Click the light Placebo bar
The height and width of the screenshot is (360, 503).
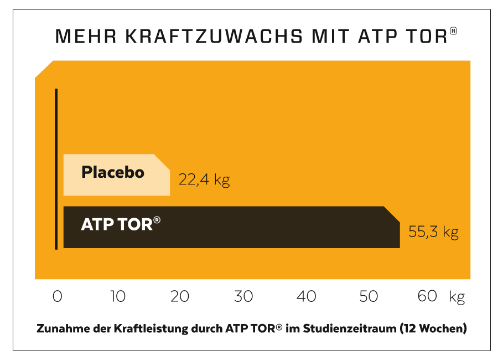[x=116, y=175]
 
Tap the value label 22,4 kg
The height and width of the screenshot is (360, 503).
[x=204, y=180]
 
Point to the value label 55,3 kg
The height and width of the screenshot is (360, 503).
[x=433, y=232]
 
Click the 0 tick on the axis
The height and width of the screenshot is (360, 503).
[x=58, y=296]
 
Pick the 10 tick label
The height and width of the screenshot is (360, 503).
[x=117, y=296]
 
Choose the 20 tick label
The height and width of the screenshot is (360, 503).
[x=180, y=296]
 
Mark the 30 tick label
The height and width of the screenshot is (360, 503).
[x=243, y=296]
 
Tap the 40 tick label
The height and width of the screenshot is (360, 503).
[x=307, y=296]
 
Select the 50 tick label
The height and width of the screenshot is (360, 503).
[x=369, y=296]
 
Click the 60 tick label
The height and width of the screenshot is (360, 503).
[x=427, y=296]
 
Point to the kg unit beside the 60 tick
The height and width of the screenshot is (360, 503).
[x=457, y=297]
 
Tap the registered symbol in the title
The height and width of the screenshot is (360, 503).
[x=454, y=32]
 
